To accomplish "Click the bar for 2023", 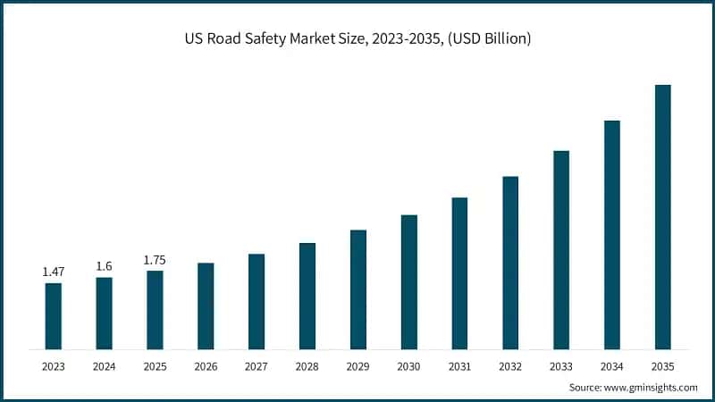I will pyautogui.click(x=54, y=315).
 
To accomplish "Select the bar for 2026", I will pyautogui.click(x=206, y=306).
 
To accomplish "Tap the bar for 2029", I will pyautogui.click(x=358, y=289).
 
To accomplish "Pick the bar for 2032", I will pyautogui.click(x=510, y=262).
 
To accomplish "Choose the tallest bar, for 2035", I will pyautogui.click(x=662, y=216).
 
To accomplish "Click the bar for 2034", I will pyautogui.click(x=612, y=234).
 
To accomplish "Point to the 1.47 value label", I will pyautogui.click(x=54, y=271).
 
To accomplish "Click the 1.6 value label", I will pyautogui.click(x=105, y=265).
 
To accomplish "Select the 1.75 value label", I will pyautogui.click(x=155, y=259).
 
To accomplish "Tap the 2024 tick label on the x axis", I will pyautogui.click(x=105, y=365).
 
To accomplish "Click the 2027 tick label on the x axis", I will pyautogui.click(x=257, y=365).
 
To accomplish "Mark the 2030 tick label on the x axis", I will pyautogui.click(x=409, y=365).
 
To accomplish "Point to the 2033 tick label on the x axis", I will pyautogui.click(x=561, y=365).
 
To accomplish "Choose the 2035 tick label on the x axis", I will pyautogui.click(x=662, y=365).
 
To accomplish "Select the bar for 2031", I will pyautogui.click(x=459, y=272).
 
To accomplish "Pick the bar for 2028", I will pyautogui.click(x=307, y=295).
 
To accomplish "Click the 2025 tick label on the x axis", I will pyautogui.click(x=155, y=365).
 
